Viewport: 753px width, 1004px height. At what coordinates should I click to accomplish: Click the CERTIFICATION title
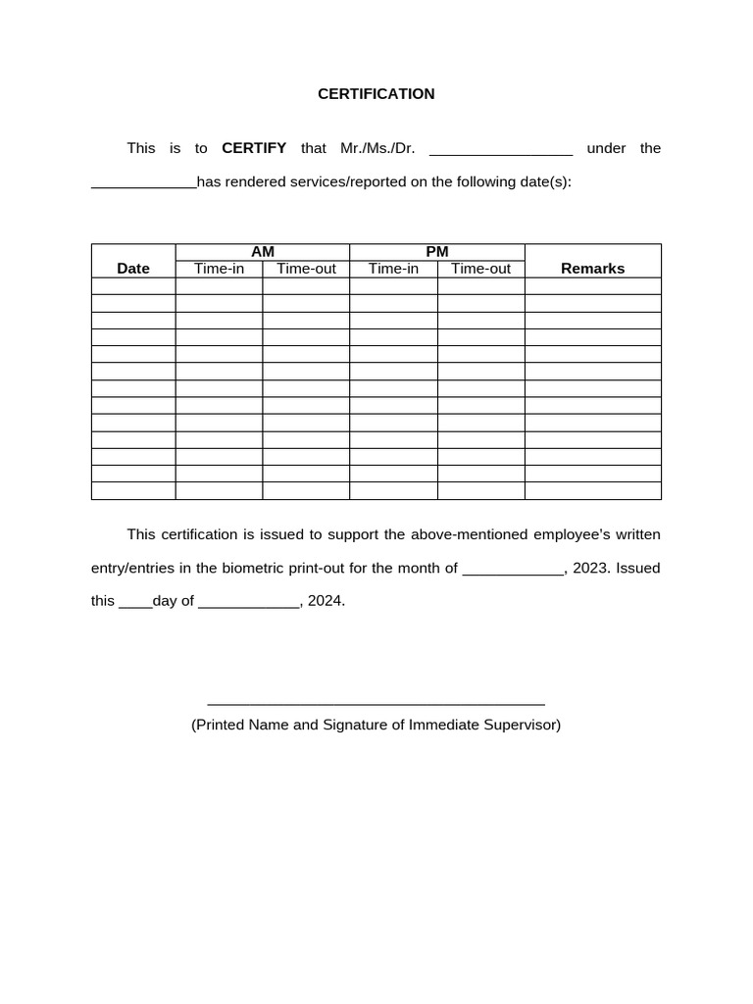tap(376, 94)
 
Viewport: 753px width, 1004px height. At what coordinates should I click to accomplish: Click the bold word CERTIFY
tap(254, 148)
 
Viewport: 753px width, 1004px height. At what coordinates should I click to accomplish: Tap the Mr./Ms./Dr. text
tap(377, 148)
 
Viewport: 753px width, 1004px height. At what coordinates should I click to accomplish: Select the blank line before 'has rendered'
tap(144, 185)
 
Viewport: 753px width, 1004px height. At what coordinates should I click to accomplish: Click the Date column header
tap(133, 268)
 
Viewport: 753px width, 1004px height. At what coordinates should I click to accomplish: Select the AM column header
tap(263, 252)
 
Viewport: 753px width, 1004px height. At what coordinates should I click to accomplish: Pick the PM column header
tap(437, 252)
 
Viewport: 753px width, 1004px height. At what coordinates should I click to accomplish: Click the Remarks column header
tap(592, 268)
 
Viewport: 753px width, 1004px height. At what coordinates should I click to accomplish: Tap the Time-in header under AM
tap(219, 269)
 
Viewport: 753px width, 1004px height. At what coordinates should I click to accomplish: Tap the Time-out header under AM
tap(306, 269)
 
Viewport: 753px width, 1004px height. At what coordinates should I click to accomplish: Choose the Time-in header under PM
tap(393, 269)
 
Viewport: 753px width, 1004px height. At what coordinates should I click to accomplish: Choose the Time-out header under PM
tap(480, 269)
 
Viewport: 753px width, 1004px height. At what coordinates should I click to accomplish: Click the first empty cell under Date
tap(133, 286)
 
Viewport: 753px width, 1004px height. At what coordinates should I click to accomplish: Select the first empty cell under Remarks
tap(592, 286)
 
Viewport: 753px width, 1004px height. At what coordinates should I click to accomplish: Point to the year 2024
tap(326, 601)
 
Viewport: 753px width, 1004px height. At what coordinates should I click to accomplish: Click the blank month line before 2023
tap(512, 572)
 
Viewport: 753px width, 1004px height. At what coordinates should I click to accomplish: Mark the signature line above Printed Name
tap(376, 703)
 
